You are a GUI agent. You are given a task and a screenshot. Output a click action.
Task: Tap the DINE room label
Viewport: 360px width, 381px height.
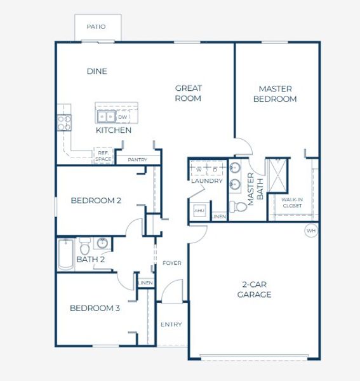coord(97,71)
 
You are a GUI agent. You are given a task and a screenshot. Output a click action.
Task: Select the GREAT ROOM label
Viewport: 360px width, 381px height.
coord(188,93)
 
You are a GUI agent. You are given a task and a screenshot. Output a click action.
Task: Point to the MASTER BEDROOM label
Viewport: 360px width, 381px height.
coord(274,94)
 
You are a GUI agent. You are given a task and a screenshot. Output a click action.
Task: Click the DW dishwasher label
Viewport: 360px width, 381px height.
coord(123,117)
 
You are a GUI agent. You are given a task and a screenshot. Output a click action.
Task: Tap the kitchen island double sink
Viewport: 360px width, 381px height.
coord(106,117)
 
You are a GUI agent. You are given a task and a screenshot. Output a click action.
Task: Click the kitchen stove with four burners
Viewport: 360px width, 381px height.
coord(63,122)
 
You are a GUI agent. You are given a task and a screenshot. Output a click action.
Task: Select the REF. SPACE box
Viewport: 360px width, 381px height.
coord(103,156)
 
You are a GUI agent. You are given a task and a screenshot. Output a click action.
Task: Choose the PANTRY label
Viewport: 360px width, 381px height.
coord(138,160)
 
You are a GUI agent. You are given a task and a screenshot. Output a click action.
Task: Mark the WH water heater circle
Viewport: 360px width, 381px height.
coord(310,230)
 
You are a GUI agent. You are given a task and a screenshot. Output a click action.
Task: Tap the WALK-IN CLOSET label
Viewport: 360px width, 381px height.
coord(292,203)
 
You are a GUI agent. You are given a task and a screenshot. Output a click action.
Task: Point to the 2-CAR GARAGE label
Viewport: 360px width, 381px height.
coord(254,290)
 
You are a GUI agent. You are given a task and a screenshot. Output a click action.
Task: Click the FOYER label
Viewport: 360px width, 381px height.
coord(172,263)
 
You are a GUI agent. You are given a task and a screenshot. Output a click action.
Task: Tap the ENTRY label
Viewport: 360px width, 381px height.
coord(171,324)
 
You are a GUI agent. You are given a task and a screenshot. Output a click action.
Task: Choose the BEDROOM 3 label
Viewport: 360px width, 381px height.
coord(95,309)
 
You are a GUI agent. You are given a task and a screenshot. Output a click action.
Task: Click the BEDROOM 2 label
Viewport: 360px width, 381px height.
coord(96,201)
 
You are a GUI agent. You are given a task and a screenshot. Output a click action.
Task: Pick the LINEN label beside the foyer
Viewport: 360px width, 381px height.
coord(145,283)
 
